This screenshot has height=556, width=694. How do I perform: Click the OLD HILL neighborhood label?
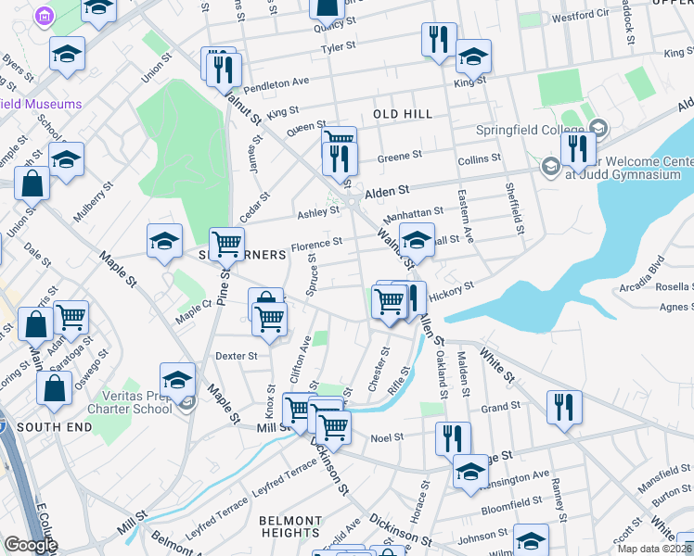point(403,113)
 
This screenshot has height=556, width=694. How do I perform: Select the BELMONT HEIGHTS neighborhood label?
point(289,526)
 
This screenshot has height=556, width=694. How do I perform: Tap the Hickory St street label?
point(452,290)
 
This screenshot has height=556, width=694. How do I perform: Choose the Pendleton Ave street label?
point(276,82)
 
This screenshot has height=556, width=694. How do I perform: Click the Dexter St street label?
point(236,355)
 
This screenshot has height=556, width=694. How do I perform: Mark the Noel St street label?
point(388,437)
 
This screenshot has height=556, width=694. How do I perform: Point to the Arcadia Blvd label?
point(644,272)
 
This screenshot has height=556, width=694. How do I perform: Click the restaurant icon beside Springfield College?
point(578,147)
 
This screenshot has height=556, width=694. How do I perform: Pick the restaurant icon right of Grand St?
point(564,408)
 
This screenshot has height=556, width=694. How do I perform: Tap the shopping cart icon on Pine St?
point(226,245)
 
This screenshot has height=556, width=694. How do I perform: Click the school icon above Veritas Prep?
point(177,380)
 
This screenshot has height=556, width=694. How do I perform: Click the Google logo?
point(31,545)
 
